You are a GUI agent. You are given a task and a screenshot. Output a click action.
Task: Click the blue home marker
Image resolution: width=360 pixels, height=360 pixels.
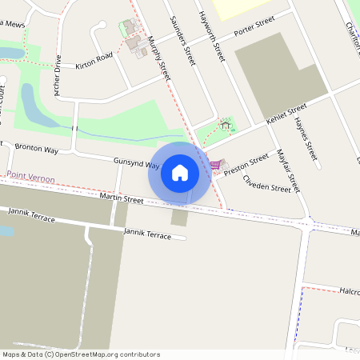pyautogui.click(x=180, y=172)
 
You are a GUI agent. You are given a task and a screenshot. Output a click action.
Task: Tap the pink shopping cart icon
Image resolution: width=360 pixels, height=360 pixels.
pyautogui.click(x=214, y=165)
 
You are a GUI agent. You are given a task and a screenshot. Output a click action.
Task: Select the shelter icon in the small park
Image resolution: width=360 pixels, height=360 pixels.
pyautogui.click(x=226, y=125)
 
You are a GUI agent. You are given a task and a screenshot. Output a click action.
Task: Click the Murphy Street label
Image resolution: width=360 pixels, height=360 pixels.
pyautogui.click(x=159, y=58)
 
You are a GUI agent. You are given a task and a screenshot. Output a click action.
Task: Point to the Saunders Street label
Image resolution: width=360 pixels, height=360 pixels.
pyautogui.click(x=183, y=40)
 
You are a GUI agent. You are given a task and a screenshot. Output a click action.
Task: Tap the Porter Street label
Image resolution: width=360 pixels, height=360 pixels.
pyautogui.click(x=254, y=27)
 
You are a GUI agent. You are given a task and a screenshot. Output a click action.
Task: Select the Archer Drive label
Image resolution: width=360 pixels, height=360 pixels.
pyautogui.click(x=58, y=76)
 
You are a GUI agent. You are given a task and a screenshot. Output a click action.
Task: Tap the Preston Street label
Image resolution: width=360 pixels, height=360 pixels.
pyautogui.click(x=246, y=165)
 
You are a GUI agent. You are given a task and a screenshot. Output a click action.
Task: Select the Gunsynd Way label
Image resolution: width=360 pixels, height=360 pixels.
pyautogui.click(x=137, y=162)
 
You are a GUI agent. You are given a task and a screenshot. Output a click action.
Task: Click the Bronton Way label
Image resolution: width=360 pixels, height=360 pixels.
pyautogui.click(x=37, y=150)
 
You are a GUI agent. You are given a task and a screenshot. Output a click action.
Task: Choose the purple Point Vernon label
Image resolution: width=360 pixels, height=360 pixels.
pyautogui.click(x=30, y=179)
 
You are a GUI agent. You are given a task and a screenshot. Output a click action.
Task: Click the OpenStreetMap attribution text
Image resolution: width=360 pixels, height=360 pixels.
pyautogui.click(x=81, y=354)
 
